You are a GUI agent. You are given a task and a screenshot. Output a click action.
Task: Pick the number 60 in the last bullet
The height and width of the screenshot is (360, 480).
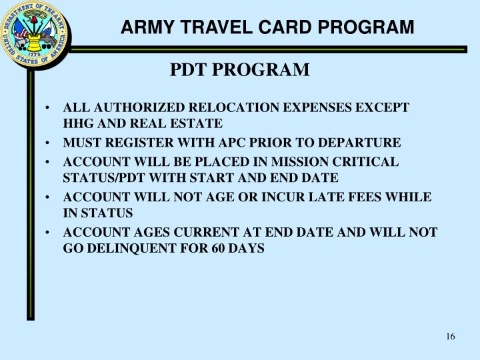tap(216, 248)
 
